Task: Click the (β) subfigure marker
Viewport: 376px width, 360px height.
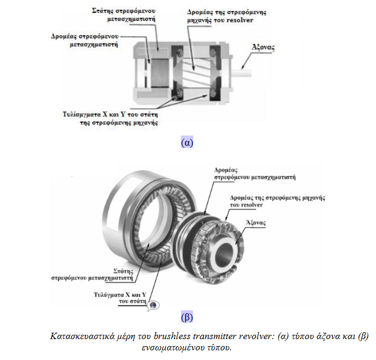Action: pyautogui.click(x=187, y=316)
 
